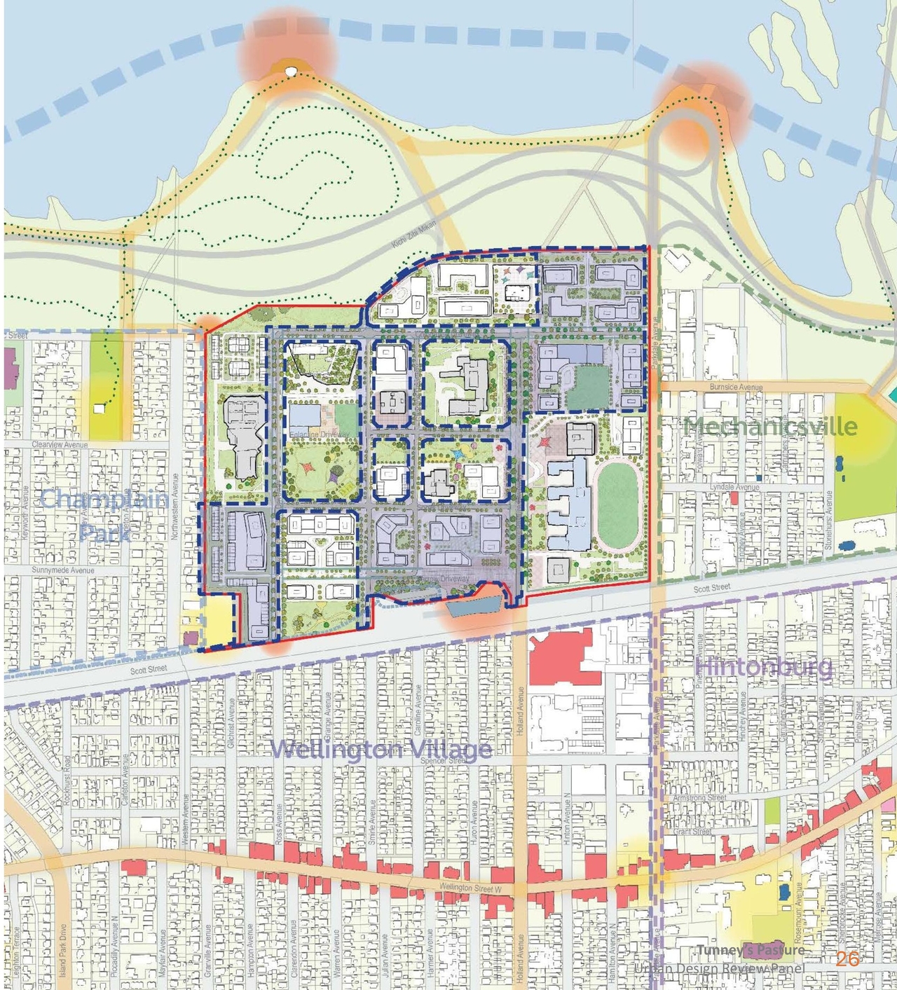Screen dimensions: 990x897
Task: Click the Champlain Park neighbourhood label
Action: point(104,515)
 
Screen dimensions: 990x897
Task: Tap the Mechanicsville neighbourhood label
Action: point(770,426)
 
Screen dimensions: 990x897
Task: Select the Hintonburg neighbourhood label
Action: point(765,666)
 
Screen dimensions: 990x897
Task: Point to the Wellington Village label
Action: point(381,750)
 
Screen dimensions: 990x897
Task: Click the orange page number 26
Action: point(847,959)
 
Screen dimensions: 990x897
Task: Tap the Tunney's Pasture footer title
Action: point(751,950)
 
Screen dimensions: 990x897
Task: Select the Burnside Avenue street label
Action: point(736,387)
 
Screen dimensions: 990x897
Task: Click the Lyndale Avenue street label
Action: point(734,487)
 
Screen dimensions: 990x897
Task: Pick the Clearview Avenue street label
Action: point(60,445)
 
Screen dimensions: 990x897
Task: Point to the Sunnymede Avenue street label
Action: point(62,570)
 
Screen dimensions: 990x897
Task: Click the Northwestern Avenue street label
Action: point(175,506)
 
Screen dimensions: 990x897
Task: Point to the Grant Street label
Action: point(692,832)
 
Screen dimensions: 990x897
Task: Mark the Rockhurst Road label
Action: point(68,780)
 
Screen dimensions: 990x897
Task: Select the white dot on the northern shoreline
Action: point(291,71)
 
